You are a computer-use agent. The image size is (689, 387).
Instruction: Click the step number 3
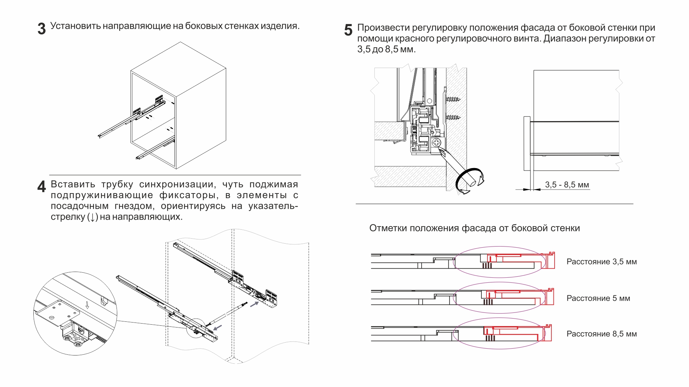click(x=42, y=29)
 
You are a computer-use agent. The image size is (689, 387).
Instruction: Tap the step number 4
click(x=42, y=186)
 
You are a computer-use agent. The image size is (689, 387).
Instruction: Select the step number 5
click(x=348, y=30)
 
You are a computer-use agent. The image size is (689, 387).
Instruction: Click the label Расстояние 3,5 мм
click(x=602, y=262)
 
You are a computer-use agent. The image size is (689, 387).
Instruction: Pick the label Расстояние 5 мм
click(x=598, y=298)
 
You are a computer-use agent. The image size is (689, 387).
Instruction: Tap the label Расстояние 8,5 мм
click(x=602, y=334)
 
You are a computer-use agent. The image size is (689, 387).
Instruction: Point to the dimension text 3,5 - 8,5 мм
click(x=567, y=185)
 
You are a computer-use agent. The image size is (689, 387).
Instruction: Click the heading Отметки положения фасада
click(x=474, y=228)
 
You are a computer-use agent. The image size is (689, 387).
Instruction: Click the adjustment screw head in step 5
click(x=436, y=143)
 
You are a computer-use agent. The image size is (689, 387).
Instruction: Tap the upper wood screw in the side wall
click(x=453, y=99)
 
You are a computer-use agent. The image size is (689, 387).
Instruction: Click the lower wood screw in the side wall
click(x=453, y=117)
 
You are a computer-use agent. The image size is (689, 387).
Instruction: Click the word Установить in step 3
click(x=75, y=26)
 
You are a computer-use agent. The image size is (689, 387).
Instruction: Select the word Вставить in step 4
click(x=73, y=185)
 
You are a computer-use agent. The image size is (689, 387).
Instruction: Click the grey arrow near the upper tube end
click(x=254, y=304)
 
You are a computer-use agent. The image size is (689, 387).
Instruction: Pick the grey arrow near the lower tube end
click(x=218, y=327)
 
